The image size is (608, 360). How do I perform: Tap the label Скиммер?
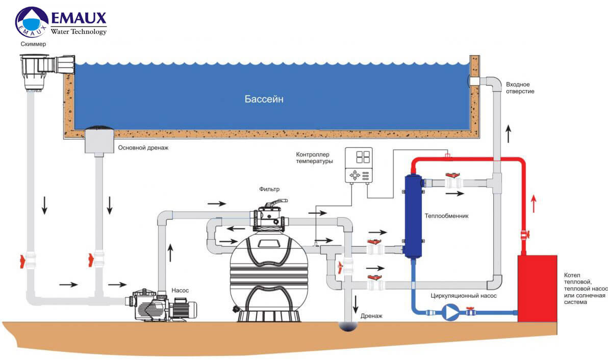tap(34, 44)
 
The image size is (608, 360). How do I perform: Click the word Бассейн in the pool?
tap(263, 99)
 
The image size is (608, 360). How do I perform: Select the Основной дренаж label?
tap(143, 148)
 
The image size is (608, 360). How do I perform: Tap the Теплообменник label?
tap(446, 216)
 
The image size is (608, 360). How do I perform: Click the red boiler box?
tap(538, 288)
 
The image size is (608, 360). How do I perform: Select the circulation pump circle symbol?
tap(450, 312)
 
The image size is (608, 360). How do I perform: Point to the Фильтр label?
tap(269, 189)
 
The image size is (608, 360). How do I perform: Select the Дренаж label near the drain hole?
tap(371, 316)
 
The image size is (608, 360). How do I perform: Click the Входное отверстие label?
tap(520, 87)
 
